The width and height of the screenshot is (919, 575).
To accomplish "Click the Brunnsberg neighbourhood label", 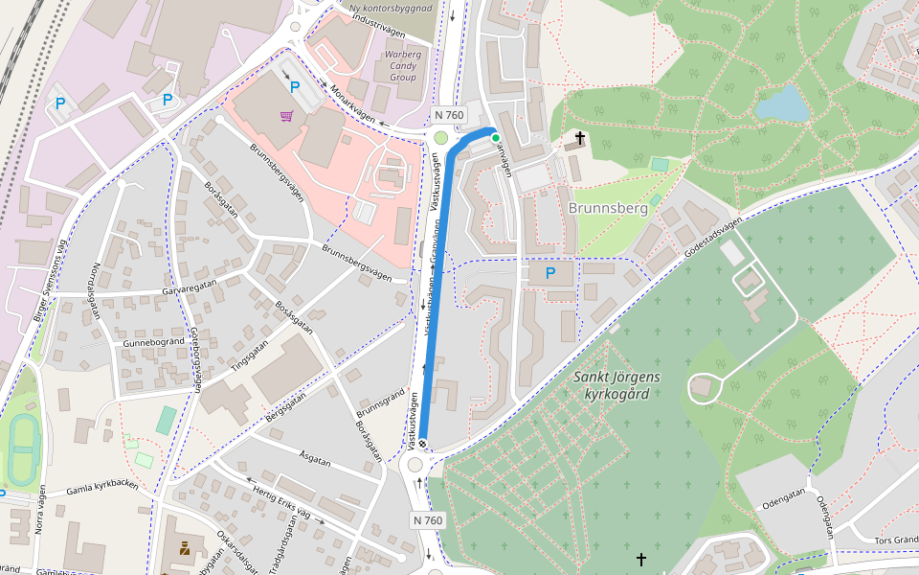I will (608, 208).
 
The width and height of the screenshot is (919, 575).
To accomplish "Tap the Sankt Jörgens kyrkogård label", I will (617, 385).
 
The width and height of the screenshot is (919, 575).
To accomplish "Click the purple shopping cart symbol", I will (286, 116).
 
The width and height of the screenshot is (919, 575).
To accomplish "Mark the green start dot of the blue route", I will (495, 138).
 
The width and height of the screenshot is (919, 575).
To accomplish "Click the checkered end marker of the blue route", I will (422, 445).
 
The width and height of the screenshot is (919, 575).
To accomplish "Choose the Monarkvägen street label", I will (350, 103).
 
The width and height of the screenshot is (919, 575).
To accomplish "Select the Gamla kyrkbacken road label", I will (102, 488).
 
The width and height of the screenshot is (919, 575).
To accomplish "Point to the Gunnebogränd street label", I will (153, 342).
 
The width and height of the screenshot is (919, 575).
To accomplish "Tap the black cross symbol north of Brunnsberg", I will (579, 139).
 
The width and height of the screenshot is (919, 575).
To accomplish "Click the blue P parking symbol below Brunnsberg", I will (550, 273).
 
